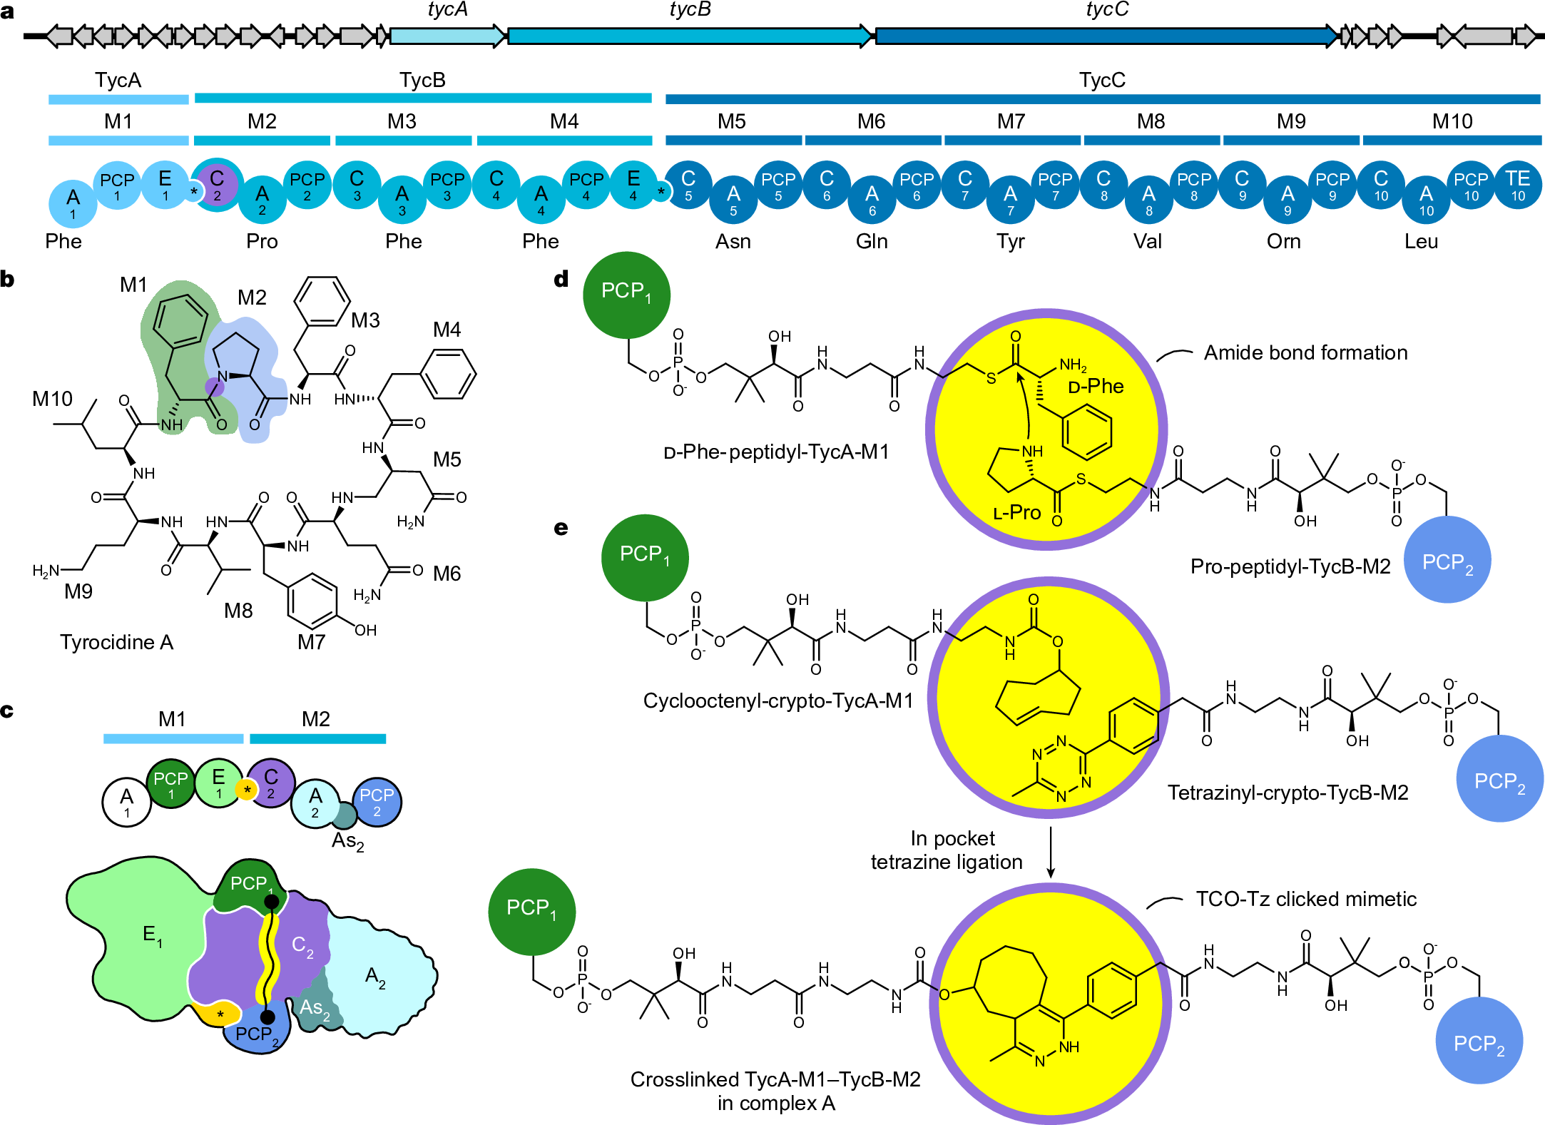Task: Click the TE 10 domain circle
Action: click(x=1517, y=185)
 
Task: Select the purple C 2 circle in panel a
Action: click(x=217, y=185)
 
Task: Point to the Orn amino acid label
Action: click(x=1283, y=241)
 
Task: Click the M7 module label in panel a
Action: click(x=1011, y=121)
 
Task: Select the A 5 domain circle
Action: click(x=733, y=200)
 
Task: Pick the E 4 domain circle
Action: click(x=633, y=185)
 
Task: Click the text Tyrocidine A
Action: click(x=116, y=642)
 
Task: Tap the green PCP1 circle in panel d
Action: click(x=626, y=294)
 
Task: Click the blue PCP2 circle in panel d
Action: click(x=1447, y=560)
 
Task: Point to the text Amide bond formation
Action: click(x=1305, y=352)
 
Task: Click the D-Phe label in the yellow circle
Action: click(x=1096, y=387)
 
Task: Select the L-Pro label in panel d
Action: click(x=1016, y=512)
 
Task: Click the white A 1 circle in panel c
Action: click(x=126, y=802)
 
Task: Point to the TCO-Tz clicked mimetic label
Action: click(x=1305, y=899)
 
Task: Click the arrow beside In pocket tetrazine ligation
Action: click(x=1050, y=852)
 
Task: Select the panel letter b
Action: click(x=8, y=279)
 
